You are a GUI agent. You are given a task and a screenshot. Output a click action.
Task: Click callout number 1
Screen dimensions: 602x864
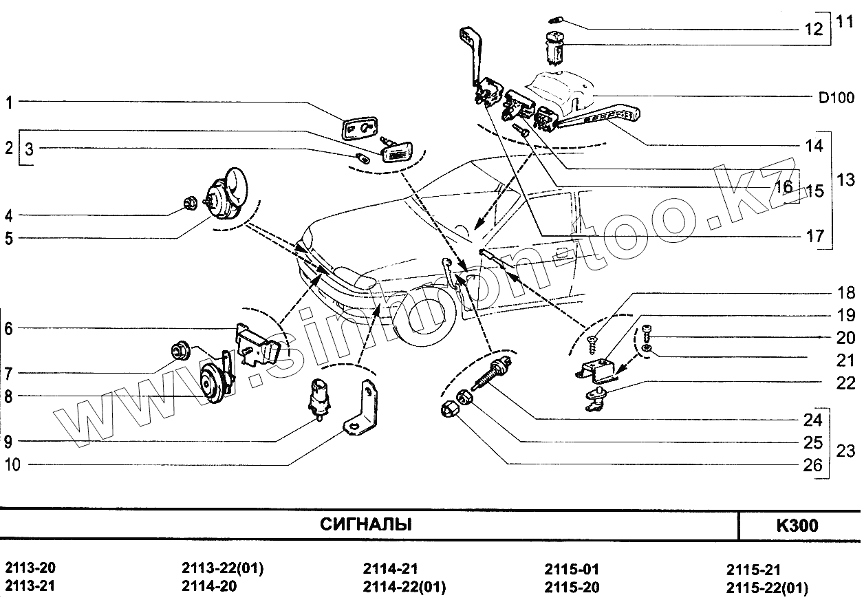click(x=10, y=104)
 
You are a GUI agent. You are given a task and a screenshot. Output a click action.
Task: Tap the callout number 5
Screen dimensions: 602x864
click(x=9, y=239)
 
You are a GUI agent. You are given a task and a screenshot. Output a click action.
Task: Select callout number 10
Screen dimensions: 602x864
click(x=12, y=465)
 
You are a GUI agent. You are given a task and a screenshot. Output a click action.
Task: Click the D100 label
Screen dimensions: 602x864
click(x=836, y=98)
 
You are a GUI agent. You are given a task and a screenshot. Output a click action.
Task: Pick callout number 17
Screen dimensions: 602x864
click(x=814, y=237)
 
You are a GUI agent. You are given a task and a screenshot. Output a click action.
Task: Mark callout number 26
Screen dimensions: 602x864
click(x=813, y=466)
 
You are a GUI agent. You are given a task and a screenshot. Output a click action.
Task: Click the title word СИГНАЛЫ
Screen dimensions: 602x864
click(x=366, y=525)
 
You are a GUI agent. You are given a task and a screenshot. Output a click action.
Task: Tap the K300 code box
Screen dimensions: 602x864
click(x=797, y=526)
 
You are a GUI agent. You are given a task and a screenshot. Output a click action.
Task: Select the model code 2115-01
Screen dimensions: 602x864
click(x=572, y=570)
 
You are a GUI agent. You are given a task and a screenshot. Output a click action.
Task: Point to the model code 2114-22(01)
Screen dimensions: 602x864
click(x=404, y=587)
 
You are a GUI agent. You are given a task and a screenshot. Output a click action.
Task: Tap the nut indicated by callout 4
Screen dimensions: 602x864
click(x=190, y=202)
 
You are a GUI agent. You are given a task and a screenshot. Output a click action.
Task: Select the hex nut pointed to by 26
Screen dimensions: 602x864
click(x=447, y=410)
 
